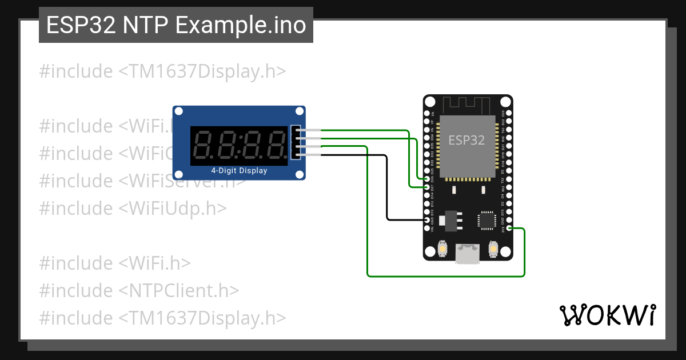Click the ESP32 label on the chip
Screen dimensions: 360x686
coord(466,139)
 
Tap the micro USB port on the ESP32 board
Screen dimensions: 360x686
coord(468,255)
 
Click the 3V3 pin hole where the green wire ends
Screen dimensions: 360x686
coord(509,229)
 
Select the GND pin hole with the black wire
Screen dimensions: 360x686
coord(428,220)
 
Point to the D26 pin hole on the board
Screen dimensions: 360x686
coord(428,178)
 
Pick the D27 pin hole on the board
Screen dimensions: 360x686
coord(428,186)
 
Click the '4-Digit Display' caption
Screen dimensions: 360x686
coord(239,170)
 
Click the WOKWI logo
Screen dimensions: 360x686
coord(607,314)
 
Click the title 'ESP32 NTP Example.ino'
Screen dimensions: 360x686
coord(176,26)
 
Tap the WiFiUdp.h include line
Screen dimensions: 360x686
coord(133,208)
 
